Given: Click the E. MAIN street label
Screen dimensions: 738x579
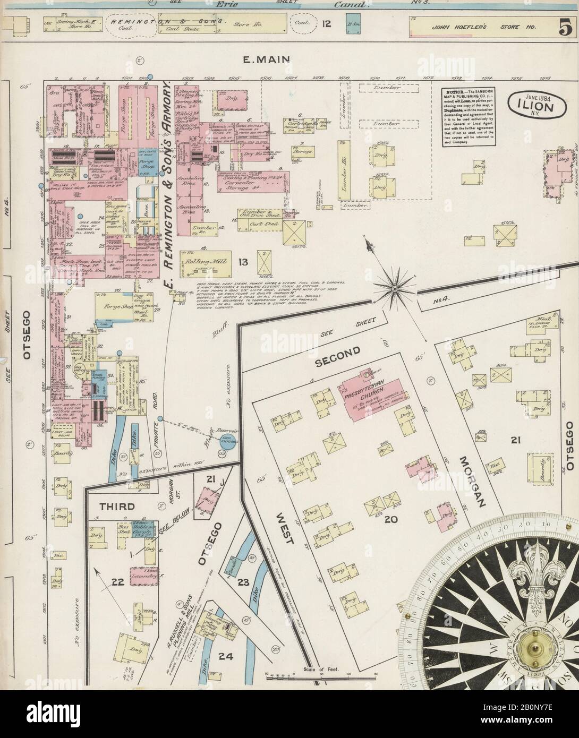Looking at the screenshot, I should click(x=259, y=60).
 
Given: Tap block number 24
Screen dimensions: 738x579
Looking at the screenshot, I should click(x=227, y=642).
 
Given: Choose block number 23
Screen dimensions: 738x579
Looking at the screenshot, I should click(x=243, y=582).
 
